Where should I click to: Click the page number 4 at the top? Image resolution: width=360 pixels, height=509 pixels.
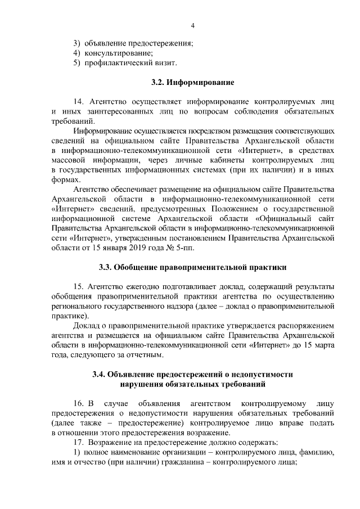tap(192, 25)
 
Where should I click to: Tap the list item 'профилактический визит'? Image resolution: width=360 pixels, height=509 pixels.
tap(123, 62)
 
